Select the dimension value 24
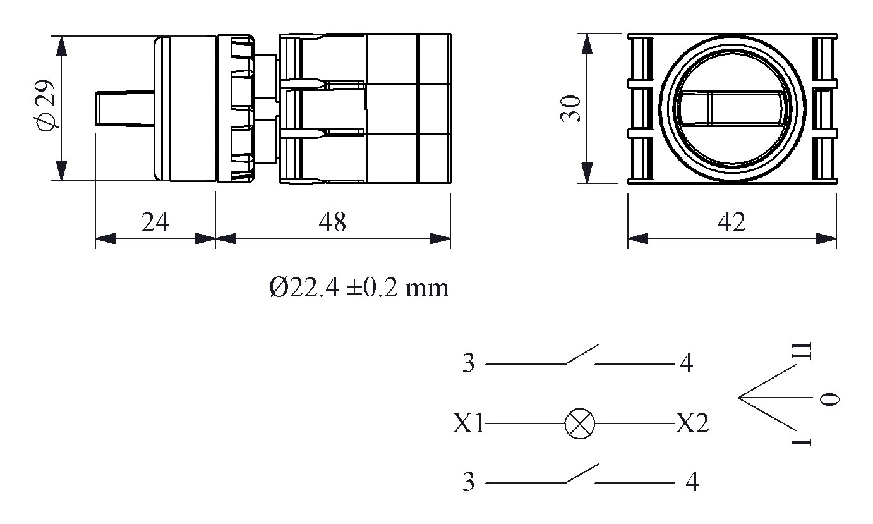pos(155,222)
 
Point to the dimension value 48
pos(332,222)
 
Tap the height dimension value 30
pos(571,109)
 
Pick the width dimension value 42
pos(732,222)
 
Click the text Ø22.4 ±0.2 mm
pos(358,288)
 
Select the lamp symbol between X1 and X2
pos(579,423)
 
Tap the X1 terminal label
pos(468,424)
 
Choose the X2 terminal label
pos(691,424)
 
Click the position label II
pos(802,351)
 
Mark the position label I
pos(802,440)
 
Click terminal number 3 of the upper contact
pos(467,364)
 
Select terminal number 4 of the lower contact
pos(692,483)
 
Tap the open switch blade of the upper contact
pos(582,354)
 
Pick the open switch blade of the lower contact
pos(582,473)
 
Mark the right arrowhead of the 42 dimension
pos(827,239)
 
